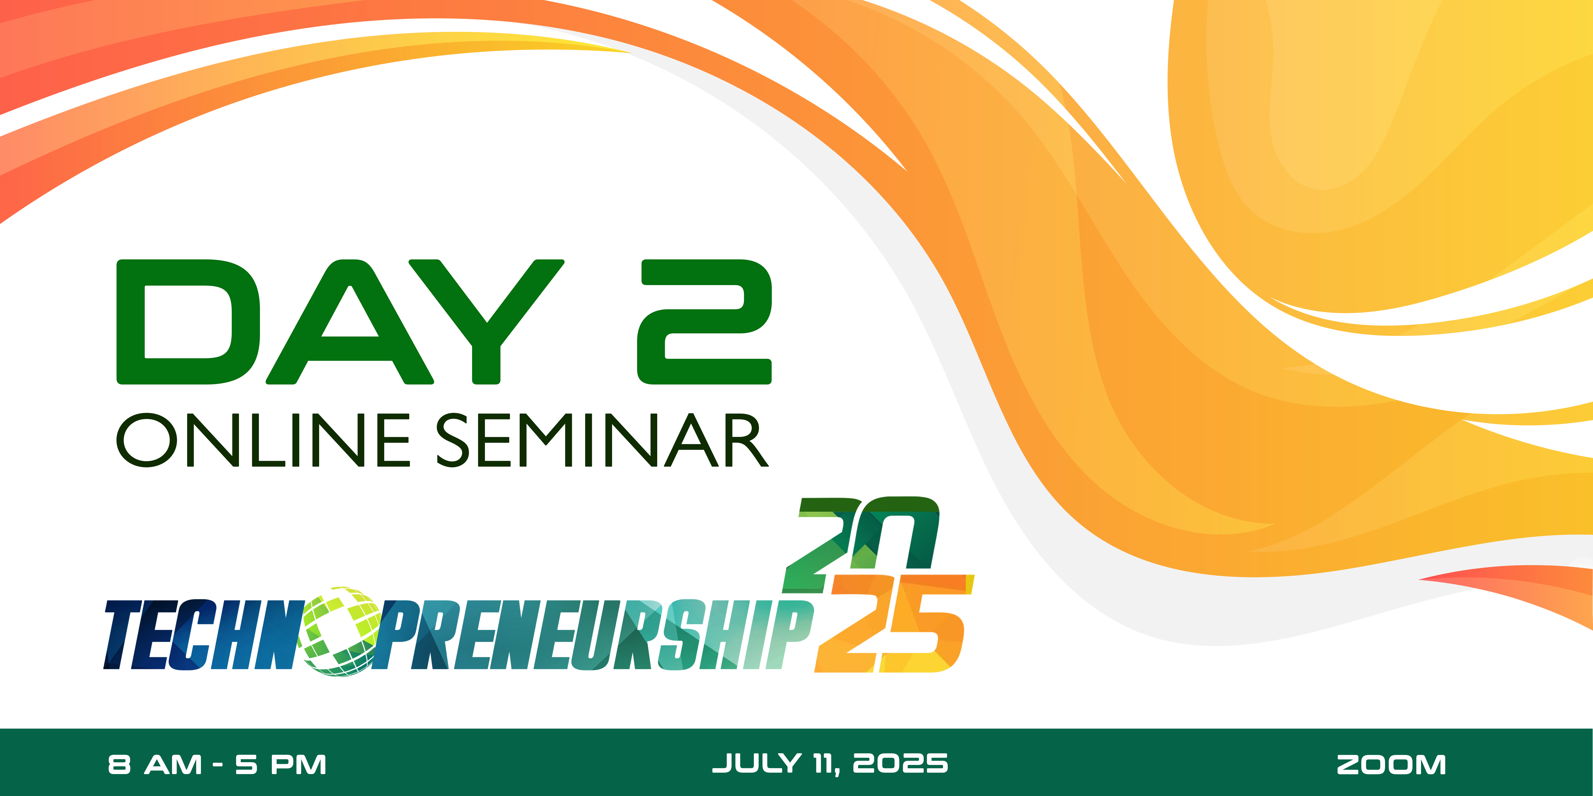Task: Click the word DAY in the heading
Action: point(340,321)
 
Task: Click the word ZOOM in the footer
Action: point(1391,765)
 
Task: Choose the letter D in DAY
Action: point(188,321)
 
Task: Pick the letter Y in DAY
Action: point(486,321)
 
